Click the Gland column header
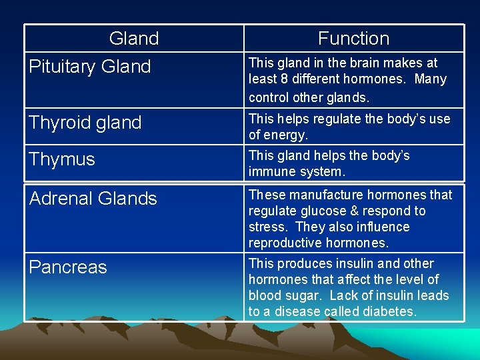(134, 39)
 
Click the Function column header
(353, 39)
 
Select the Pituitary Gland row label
(90, 67)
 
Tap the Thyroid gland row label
(85, 123)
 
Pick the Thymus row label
(62, 159)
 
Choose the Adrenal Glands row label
(93, 198)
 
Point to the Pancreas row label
(68, 267)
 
